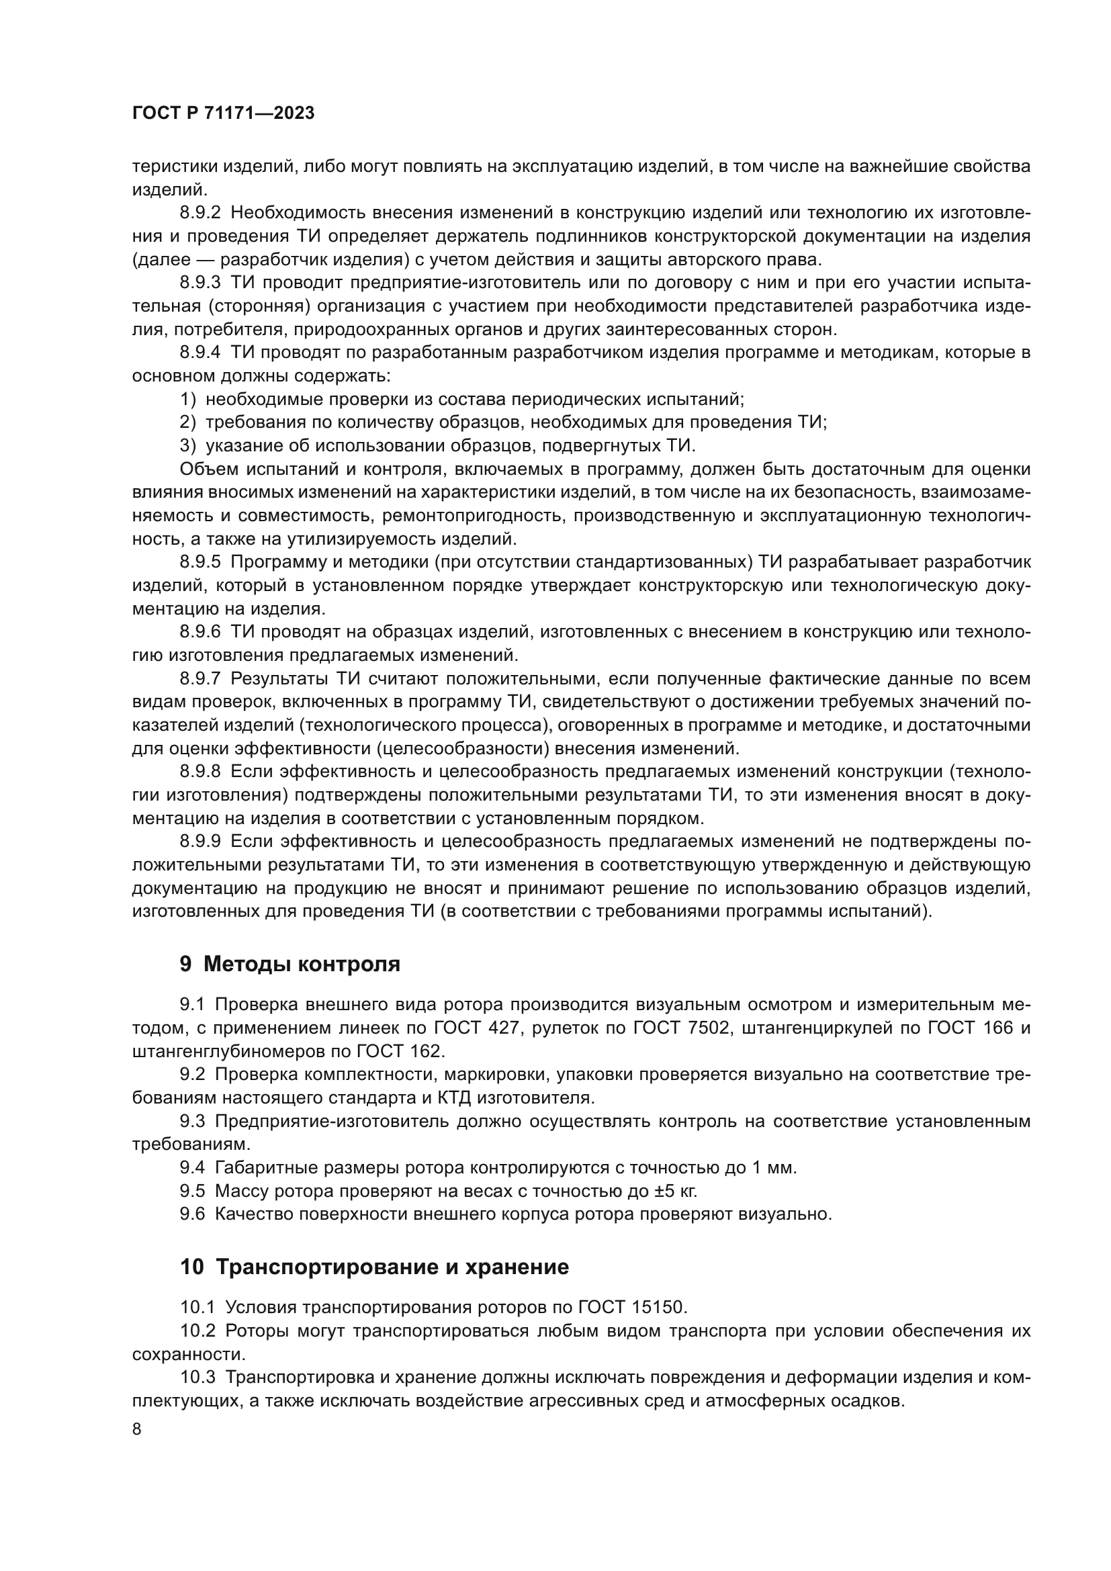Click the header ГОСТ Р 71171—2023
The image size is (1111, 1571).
tap(223, 114)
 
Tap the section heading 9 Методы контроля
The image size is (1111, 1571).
tap(290, 964)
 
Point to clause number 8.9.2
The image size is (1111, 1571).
tap(199, 213)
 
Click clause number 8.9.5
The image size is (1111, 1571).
tap(199, 562)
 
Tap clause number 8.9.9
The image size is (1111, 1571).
tap(199, 841)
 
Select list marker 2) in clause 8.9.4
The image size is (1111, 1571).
tap(188, 422)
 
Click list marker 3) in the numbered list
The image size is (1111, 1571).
tap(188, 445)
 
